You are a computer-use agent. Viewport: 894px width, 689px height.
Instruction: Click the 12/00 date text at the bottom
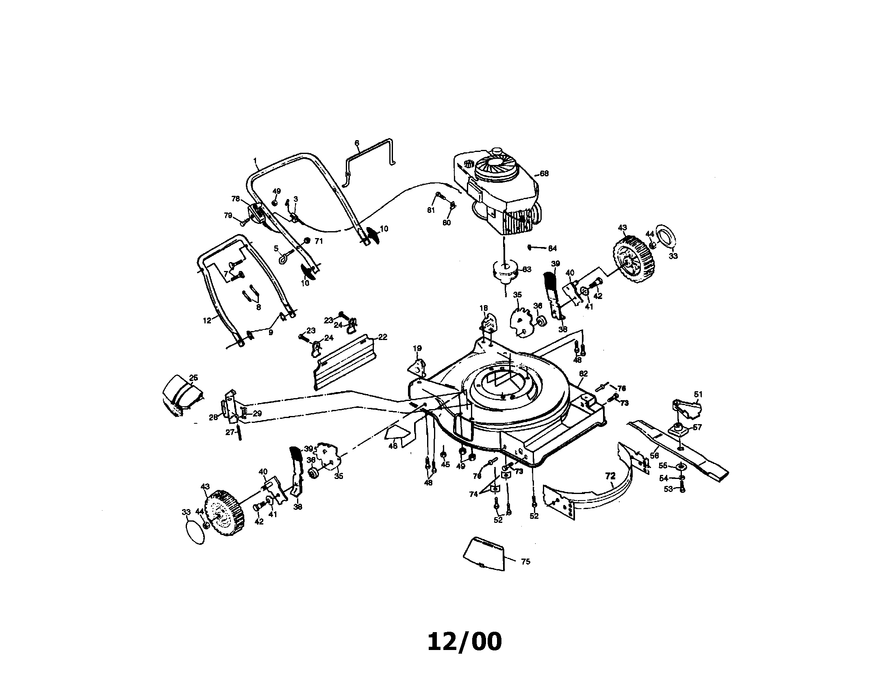[x=464, y=641]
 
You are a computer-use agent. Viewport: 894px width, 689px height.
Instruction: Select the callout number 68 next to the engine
[x=544, y=173]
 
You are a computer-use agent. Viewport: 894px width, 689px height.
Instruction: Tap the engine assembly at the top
[x=497, y=192]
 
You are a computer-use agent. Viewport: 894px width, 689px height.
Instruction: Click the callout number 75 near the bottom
[x=525, y=562]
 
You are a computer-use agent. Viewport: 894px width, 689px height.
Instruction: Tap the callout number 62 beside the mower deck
[x=583, y=374]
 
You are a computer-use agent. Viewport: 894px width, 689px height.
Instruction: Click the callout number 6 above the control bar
[x=356, y=143]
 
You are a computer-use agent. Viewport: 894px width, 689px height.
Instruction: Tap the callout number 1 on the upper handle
[x=255, y=160]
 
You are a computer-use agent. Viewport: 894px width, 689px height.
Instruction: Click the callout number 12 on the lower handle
[x=207, y=321]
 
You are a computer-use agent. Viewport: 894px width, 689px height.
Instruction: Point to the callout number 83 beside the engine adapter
[x=527, y=270]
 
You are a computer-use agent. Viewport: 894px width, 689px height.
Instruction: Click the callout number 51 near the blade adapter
[x=698, y=394]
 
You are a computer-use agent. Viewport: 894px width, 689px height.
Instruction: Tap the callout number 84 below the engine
[x=552, y=248]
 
